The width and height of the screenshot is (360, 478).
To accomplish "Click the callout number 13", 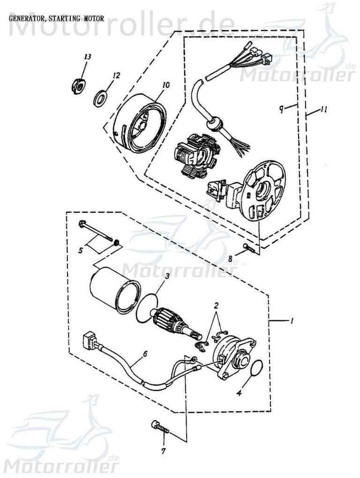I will pyautogui.click(x=87, y=57).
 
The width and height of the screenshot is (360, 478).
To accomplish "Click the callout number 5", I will pyautogui.click(x=81, y=251).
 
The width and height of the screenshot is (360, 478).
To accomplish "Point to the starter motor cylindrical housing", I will pyautogui.click(x=112, y=290).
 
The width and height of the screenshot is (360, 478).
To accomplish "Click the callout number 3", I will pyautogui.click(x=166, y=276).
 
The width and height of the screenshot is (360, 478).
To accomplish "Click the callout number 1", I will pyautogui.click(x=291, y=321).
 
